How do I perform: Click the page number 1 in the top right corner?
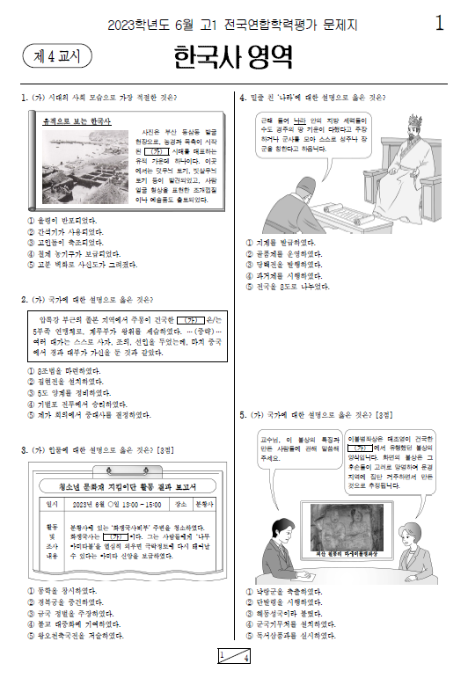(x=439, y=24)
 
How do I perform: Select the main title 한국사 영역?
(x=232, y=57)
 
